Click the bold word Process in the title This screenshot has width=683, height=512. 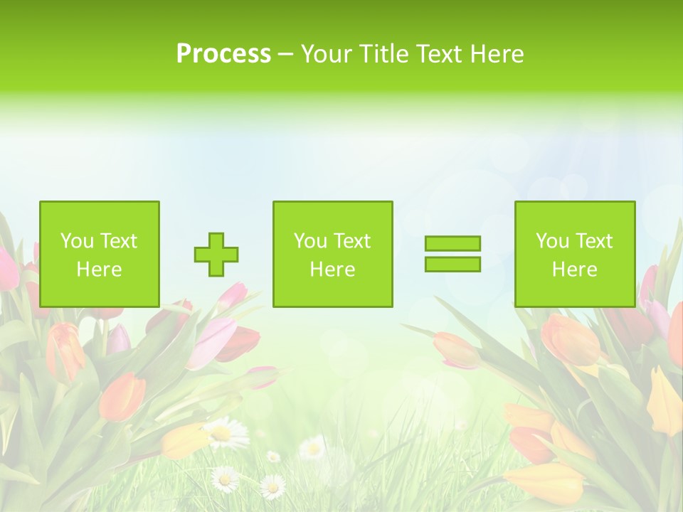coord(223,53)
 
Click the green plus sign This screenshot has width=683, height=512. coord(216,254)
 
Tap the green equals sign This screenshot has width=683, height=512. coord(452,254)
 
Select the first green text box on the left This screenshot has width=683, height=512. coord(100,254)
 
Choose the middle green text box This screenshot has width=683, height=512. coord(332,254)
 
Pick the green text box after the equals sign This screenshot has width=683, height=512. coord(574,254)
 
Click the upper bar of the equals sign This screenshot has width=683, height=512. coord(452,243)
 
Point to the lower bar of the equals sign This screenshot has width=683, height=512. coord(452,264)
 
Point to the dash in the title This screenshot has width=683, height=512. coord(285,54)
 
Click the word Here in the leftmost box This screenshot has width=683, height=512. coord(99,269)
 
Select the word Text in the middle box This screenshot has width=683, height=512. coord(351,241)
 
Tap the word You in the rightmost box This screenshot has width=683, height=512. coord(553,241)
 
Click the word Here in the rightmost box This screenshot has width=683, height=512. coord(574,269)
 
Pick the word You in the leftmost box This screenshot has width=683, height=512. coord(78,241)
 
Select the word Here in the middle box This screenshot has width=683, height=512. coord(332,269)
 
